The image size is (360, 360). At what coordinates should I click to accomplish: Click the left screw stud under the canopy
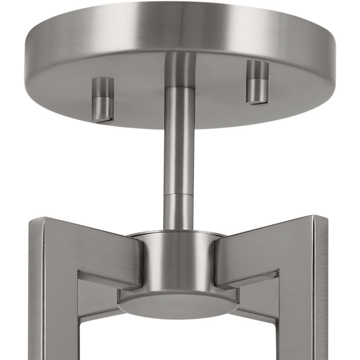pyautogui.click(x=103, y=99)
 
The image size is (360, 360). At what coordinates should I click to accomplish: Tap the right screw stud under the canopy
pyautogui.click(x=257, y=82)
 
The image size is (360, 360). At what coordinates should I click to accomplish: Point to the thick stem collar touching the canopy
pyautogui.click(x=180, y=68)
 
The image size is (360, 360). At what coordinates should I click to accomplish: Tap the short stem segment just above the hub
pyautogui.click(x=179, y=213)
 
